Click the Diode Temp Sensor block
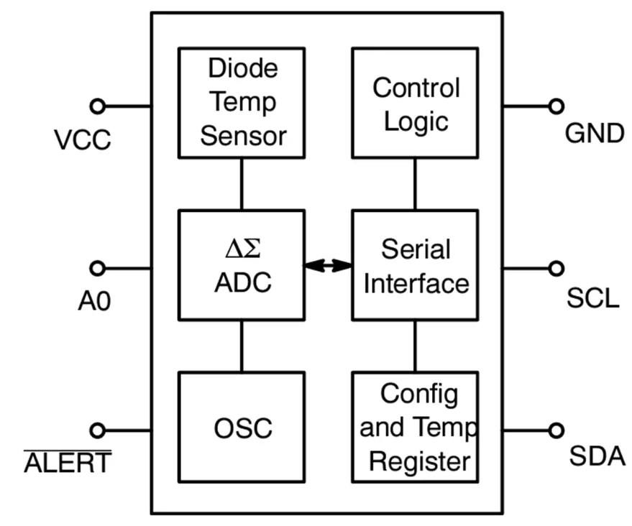[242, 103]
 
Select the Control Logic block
[415, 103]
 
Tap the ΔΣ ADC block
[242, 265]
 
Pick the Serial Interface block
[415, 265]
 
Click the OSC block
[242, 428]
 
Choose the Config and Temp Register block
[415, 428]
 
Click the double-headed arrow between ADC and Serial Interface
[328, 266]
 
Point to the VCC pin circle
[98, 106]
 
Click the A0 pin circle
[98, 269]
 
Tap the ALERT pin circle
[98, 430]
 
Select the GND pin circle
[555, 106]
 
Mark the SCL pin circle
[555, 269]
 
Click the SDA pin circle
[555, 430]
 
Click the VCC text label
[83, 139]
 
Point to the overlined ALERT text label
[68, 462]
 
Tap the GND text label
[594, 133]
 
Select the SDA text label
[597, 456]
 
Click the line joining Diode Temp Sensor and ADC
[242, 184]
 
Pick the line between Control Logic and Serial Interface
[415, 184]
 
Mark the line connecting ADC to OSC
[242, 346]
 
